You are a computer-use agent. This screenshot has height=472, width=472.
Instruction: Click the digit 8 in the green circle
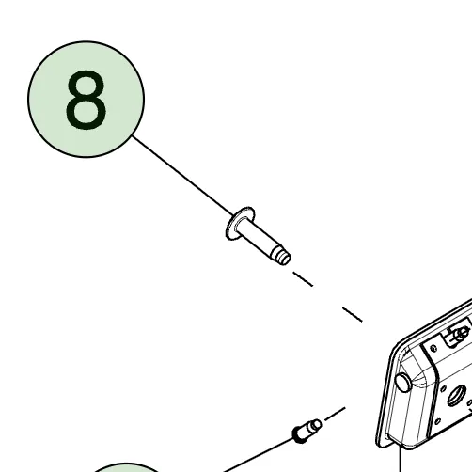[86, 100]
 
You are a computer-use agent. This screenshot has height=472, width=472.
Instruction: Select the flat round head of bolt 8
[240, 223]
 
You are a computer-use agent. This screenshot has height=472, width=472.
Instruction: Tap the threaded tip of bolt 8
[282, 256]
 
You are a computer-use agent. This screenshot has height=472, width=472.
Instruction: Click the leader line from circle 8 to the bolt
[183, 176]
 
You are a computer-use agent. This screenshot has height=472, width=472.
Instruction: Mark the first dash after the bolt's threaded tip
[303, 279]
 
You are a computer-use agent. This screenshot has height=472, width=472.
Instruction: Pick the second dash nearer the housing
[353, 314]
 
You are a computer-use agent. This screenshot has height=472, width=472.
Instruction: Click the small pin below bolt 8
[307, 431]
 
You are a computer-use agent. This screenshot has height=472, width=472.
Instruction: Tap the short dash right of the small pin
[335, 414]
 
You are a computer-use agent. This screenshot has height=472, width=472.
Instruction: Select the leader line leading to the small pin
[258, 455]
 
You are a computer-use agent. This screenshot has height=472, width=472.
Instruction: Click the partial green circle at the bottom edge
[127, 467]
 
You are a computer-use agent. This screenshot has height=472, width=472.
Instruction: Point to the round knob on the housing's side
[403, 383]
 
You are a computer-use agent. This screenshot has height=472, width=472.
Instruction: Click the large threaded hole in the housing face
[457, 396]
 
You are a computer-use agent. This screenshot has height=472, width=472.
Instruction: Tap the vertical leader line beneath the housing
[401, 459]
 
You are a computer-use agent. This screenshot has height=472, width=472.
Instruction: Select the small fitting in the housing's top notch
[458, 335]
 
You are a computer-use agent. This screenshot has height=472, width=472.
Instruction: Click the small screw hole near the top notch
[433, 348]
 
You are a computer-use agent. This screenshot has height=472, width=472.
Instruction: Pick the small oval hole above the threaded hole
[443, 389]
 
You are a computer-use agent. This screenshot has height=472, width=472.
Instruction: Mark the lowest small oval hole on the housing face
[438, 421]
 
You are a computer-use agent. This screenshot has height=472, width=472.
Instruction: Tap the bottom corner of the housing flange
[381, 444]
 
